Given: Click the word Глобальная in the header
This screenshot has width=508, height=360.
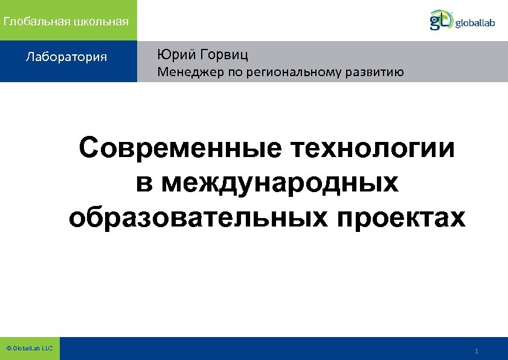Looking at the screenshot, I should [37, 22].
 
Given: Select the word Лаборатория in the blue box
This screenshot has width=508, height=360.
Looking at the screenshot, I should [66, 57].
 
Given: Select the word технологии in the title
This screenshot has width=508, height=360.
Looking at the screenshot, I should [373, 149].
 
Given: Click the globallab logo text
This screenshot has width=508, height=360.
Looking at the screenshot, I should [475, 23].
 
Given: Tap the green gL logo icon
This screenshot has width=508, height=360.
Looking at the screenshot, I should [441, 19].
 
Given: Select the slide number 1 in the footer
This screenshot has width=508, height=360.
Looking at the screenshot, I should [477, 351].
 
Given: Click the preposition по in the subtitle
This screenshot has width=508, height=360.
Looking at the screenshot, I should [229, 74].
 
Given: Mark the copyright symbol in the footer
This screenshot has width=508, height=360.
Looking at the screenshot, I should [8, 349].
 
